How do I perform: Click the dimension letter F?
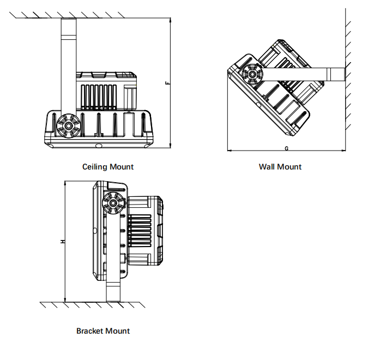click(167, 83)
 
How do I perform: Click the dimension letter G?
click(286, 148)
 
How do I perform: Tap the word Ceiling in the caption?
click(95, 167)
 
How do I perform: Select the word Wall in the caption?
click(267, 167)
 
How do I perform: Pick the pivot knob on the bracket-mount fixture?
click(113, 203)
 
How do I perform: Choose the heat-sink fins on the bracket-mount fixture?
click(138, 230)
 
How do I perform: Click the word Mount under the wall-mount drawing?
click(289, 167)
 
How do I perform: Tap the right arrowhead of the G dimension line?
click(345, 151)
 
